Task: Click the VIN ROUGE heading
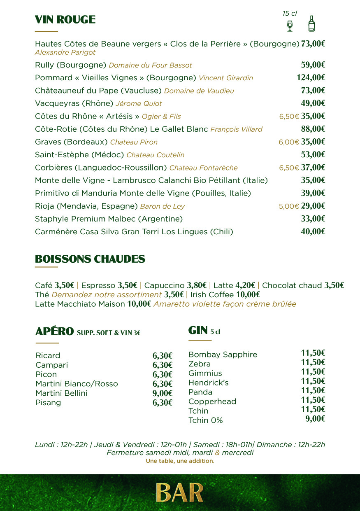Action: coord(65,20)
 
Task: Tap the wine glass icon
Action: coord(290,26)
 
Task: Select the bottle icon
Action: coord(311,24)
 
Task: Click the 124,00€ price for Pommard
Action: coord(311,77)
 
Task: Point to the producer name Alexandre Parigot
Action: coord(65,52)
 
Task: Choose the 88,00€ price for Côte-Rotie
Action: coord(313,129)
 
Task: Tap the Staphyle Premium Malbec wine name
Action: coord(109,219)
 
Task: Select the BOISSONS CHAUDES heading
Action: coord(90,259)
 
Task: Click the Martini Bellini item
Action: coord(61,393)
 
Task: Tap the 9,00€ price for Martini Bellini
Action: coord(162,393)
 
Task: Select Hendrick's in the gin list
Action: coord(208,383)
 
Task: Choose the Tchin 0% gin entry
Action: coord(205,420)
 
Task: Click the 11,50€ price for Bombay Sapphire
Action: coord(313,353)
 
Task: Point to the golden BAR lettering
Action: coord(179,493)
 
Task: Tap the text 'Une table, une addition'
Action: coord(180,461)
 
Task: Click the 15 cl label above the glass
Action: coord(290,14)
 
